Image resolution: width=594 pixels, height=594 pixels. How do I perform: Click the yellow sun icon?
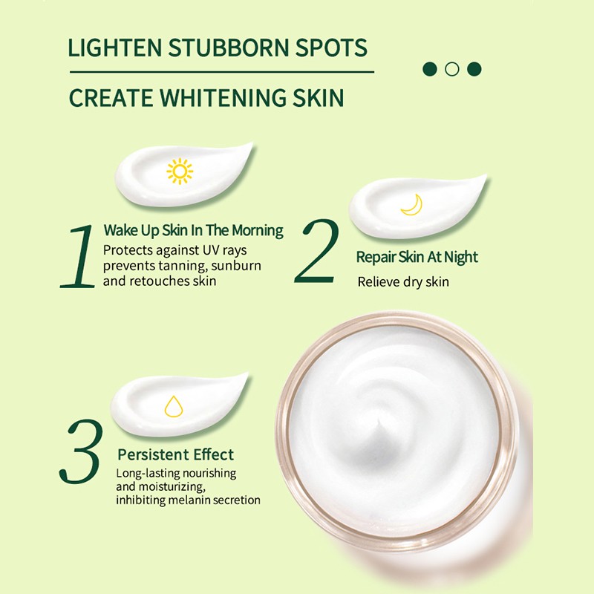[x=180, y=171]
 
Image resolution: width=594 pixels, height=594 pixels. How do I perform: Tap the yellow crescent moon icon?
[x=411, y=205]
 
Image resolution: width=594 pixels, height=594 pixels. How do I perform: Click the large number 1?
[x=79, y=256]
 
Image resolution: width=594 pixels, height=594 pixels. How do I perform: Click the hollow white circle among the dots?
[x=451, y=69]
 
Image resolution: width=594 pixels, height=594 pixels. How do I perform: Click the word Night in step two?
[x=460, y=257]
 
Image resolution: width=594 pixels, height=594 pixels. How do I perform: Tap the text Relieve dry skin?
[x=403, y=281]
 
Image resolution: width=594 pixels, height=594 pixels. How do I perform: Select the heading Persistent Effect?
[x=175, y=454]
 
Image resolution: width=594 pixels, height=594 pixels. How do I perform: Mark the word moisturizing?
[x=162, y=486]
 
